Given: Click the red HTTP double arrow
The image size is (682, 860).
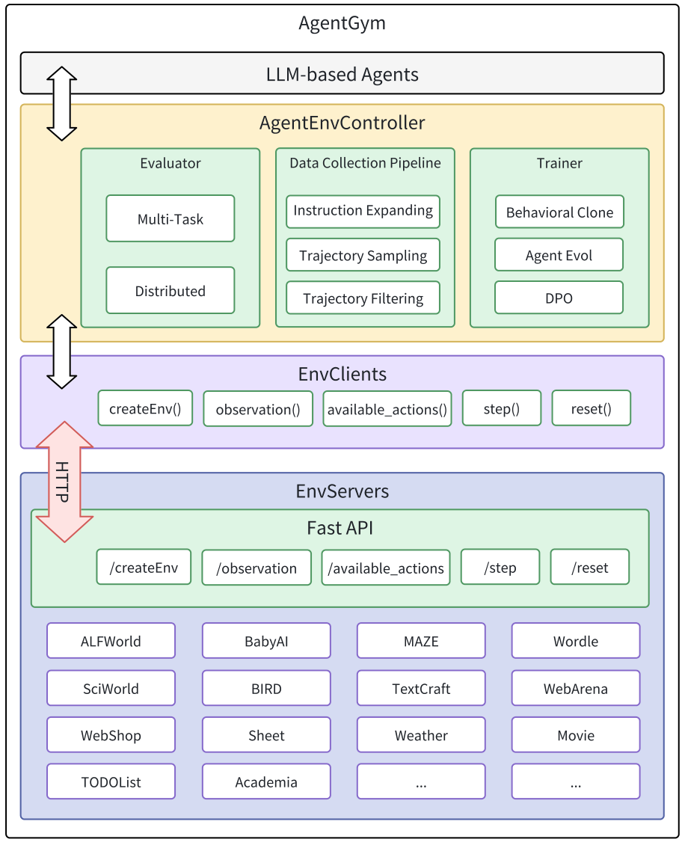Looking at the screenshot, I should (x=64, y=482).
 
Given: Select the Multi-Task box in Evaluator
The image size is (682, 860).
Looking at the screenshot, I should (x=170, y=219).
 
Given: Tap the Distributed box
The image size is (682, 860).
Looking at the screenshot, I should (x=170, y=291).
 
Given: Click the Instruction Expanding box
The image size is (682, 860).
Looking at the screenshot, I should (x=363, y=211).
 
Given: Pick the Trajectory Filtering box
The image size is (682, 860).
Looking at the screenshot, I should (x=363, y=299).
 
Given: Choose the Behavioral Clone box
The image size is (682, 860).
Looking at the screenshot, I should (x=559, y=212).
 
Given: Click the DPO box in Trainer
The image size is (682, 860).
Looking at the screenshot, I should (x=559, y=298).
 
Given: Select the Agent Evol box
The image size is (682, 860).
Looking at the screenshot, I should (x=559, y=255).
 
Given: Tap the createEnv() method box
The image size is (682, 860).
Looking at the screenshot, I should (x=145, y=409).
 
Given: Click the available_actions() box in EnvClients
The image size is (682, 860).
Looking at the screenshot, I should (x=387, y=409).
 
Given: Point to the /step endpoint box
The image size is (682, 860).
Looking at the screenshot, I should (x=501, y=568).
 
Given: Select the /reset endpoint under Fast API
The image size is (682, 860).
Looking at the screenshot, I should (x=590, y=568).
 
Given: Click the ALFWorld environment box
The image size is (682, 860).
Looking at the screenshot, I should (x=111, y=641).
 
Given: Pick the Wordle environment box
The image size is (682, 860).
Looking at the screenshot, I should (x=576, y=641).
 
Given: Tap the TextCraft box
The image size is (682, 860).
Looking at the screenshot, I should (x=421, y=688).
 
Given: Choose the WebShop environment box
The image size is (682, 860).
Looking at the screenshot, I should (x=111, y=735).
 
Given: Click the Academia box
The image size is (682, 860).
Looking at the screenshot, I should (x=266, y=782).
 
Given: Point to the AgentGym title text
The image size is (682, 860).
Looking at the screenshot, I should (x=342, y=23).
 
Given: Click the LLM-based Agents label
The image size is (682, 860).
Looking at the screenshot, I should (x=342, y=75).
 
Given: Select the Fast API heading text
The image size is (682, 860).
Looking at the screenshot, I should (x=340, y=528).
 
